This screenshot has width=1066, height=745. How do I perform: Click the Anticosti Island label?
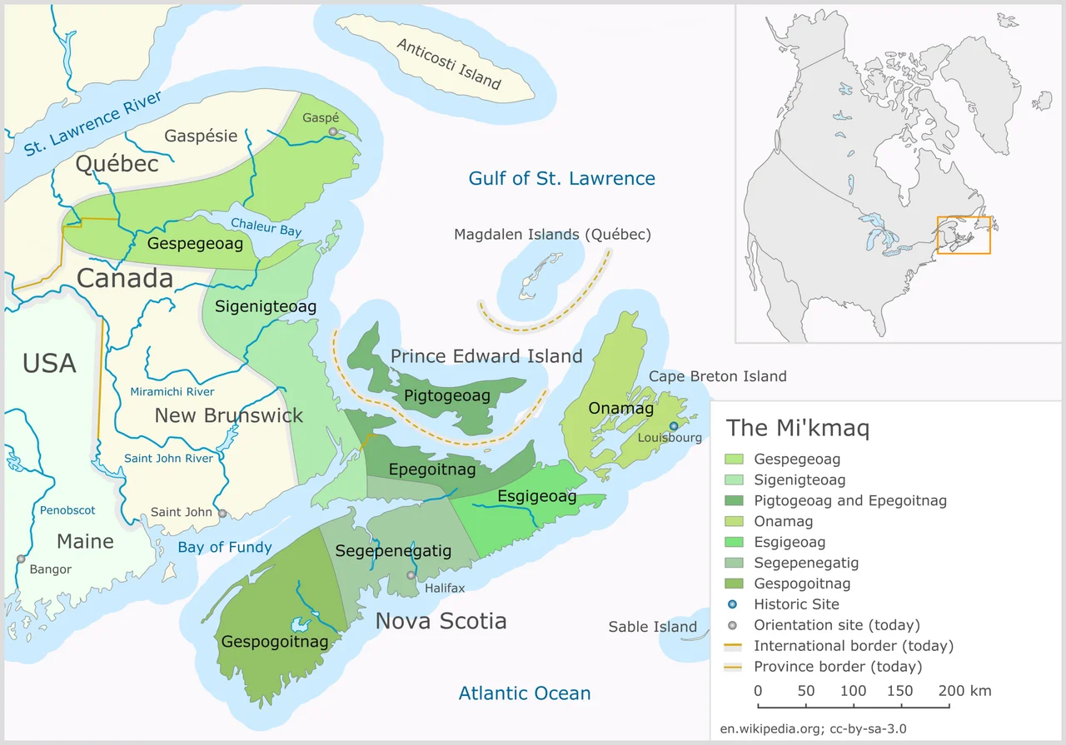(449, 64)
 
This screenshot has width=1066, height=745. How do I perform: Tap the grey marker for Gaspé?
(333, 132)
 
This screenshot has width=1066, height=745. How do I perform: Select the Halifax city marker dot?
(411, 575)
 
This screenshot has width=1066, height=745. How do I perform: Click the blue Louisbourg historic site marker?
(674, 426)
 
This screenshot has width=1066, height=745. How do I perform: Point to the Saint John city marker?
(222, 514)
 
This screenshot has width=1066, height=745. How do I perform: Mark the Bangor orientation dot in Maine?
(21, 559)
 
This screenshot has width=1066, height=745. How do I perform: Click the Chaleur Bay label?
(266, 227)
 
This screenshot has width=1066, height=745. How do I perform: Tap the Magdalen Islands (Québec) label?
(552, 235)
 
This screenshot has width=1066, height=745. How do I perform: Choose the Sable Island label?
(652, 627)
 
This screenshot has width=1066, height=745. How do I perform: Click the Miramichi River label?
(172, 392)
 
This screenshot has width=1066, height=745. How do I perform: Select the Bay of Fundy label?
(225, 547)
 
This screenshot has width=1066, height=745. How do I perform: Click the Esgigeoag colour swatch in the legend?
(735, 543)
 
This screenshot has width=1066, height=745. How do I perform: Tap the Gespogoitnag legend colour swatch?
(735, 584)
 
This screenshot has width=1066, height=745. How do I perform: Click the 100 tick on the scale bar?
(854, 707)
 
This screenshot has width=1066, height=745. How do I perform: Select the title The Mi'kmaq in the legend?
(798, 428)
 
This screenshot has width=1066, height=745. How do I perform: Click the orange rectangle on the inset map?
(964, 235)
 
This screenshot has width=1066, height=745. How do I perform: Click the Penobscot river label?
(67, 509)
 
